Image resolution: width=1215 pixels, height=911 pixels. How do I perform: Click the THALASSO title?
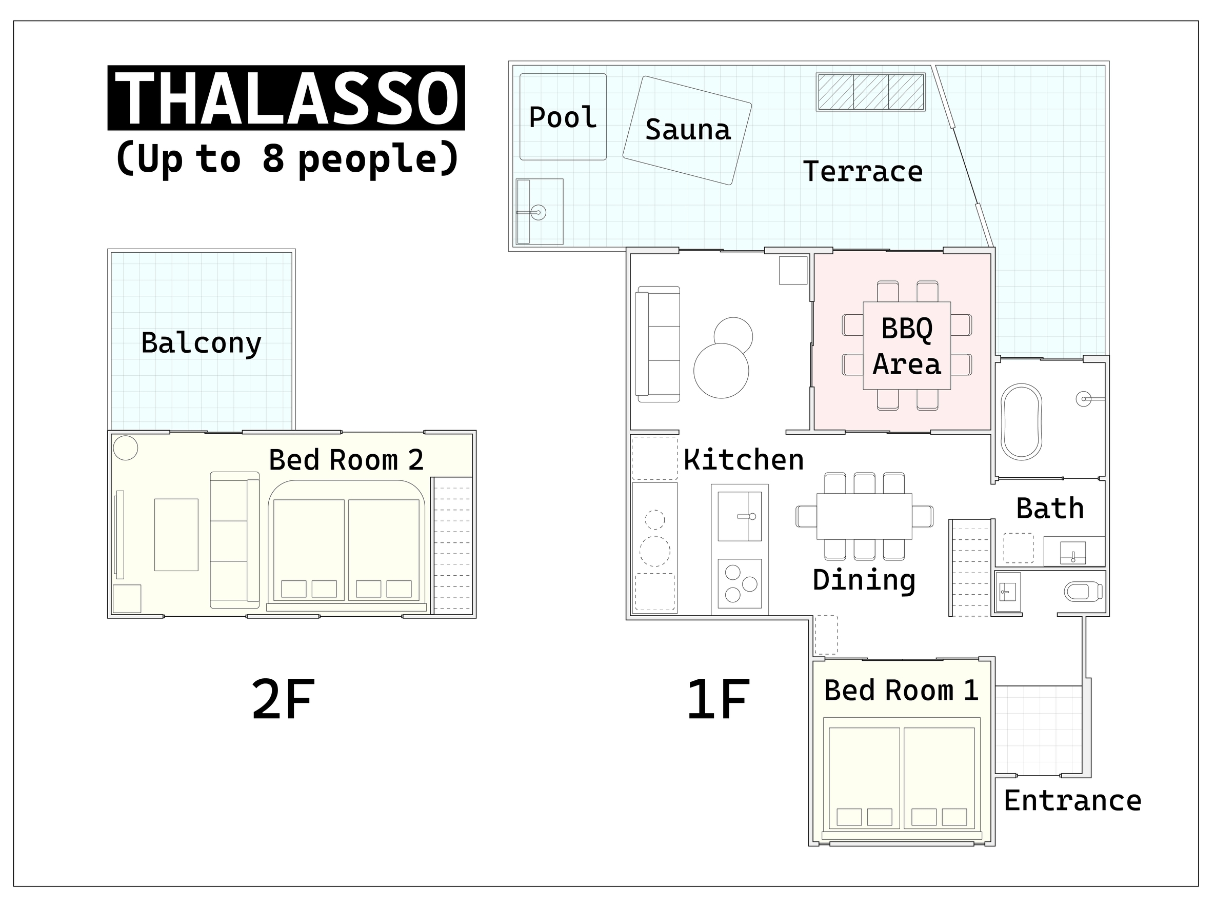click(286, 98)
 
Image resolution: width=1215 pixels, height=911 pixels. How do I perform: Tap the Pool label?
click(563, 117)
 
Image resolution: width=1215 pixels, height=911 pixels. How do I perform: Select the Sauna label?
click(688, 130)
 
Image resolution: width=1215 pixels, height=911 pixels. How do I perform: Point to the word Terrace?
click(863, 171)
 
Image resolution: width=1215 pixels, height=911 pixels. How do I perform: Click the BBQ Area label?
click(907, 347)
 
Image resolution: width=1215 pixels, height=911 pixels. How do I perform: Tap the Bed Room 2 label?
click(346, 460)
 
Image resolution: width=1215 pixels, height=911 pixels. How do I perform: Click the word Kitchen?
click(744, 460)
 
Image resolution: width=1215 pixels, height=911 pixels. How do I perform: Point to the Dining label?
click(864, 580)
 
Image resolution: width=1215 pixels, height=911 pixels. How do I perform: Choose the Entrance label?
click(1072, 801)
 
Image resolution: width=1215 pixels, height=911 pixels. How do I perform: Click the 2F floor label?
click(284, 699)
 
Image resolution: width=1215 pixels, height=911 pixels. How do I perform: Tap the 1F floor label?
click(719, 699)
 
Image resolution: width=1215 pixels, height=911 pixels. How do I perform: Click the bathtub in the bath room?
click(1021, 422)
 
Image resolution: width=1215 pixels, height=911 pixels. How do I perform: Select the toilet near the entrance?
click(1083, 592)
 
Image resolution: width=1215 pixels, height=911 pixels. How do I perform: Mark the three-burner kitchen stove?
click(740, 584)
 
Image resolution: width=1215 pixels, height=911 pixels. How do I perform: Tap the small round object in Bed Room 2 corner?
click(125, 448)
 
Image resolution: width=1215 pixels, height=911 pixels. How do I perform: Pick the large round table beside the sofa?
click(721, 371)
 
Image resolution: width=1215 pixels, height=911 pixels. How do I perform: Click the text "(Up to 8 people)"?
click(287, 159)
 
